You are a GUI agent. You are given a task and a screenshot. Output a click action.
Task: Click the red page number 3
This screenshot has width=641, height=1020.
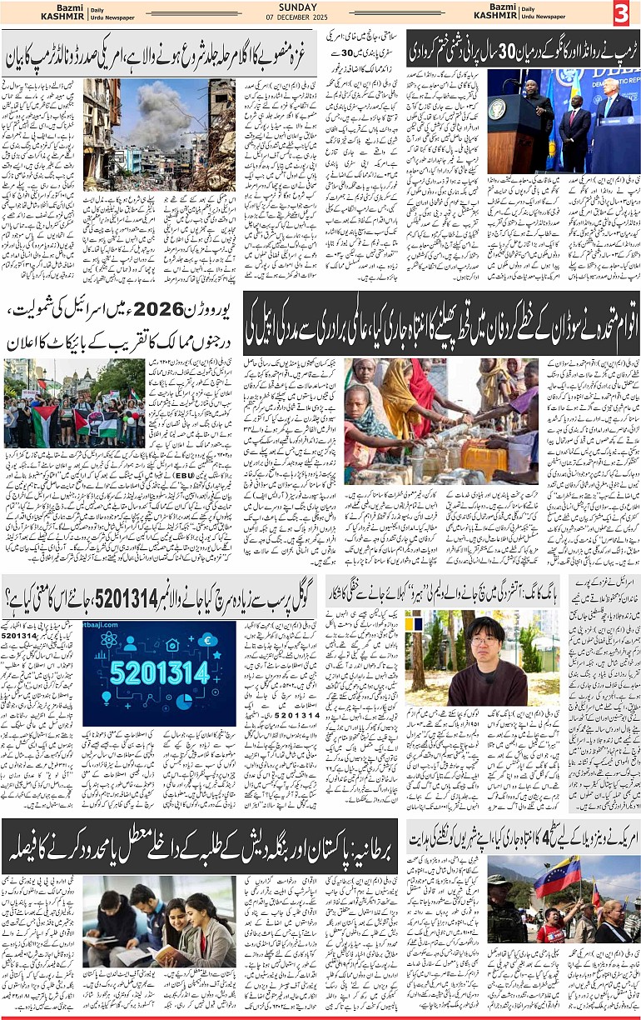(x=620, y=13)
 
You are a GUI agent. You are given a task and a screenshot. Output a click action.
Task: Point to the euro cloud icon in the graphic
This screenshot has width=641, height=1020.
(x=209, y=641)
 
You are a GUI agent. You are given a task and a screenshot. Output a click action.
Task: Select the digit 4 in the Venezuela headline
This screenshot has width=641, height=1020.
(x=486, y=840)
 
